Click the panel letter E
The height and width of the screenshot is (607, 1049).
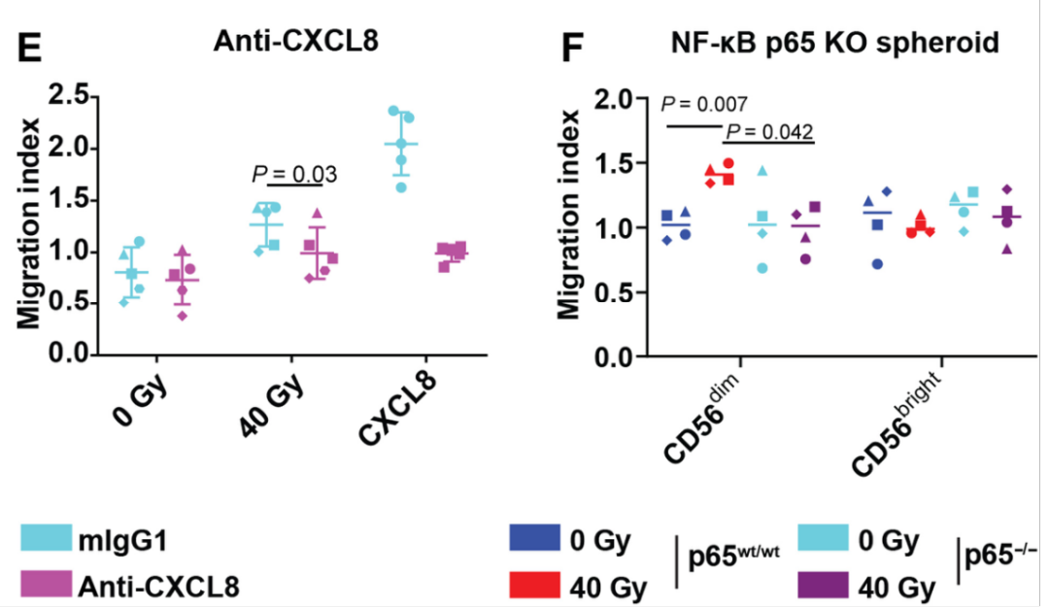coord(30,46)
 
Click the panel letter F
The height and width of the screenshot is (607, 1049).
coord(576,46)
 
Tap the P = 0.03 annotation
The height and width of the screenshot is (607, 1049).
coord(293,175)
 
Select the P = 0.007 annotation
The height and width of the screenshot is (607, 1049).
coord(704,104)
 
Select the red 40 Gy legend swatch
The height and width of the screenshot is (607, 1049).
coord(534,585)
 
